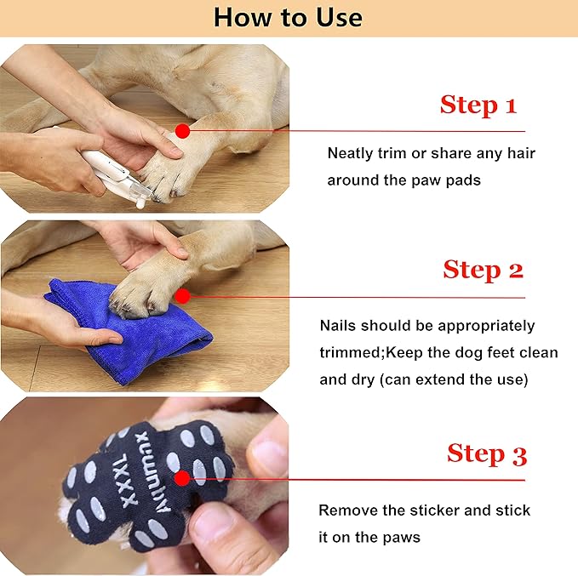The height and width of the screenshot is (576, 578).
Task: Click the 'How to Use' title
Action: [x=288, y=17]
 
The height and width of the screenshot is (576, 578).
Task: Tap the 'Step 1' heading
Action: [x=478, y=106]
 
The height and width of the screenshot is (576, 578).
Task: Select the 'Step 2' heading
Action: [x=483, y=271]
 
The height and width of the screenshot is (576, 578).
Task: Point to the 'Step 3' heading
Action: [x=487, y=453]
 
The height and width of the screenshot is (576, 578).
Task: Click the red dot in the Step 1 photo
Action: [x=181, y=130]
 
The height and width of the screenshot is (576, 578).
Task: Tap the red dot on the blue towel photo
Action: [x=181, y=296]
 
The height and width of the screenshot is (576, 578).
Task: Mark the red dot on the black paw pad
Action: [x=181, y=479]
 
